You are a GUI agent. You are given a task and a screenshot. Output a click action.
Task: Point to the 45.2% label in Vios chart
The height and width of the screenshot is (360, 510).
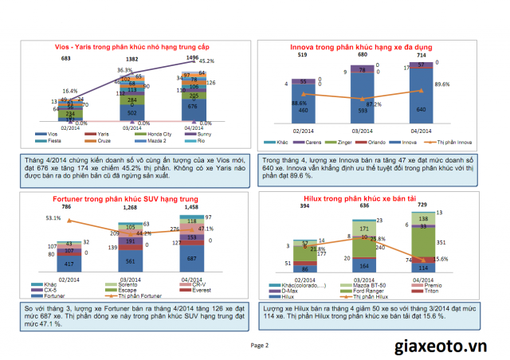coord(206,61)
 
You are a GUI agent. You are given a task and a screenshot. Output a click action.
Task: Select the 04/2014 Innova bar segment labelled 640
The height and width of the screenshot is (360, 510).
coord(422,108)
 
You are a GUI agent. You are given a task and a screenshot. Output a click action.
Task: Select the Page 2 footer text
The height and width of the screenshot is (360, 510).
coord(260,345)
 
